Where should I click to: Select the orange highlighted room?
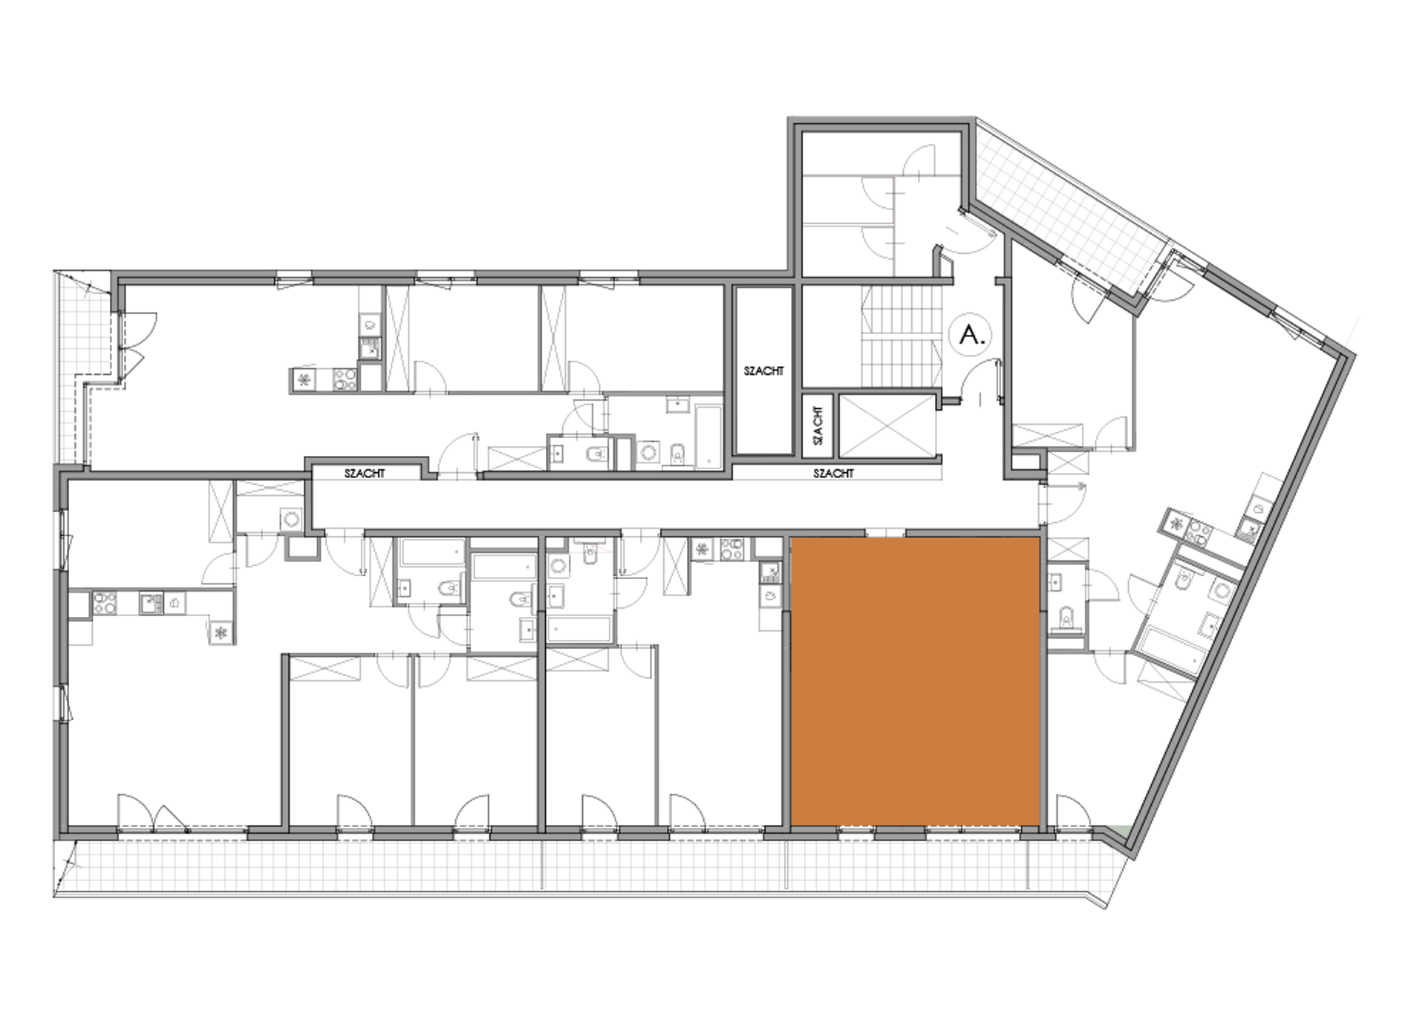click(x=915, y=681)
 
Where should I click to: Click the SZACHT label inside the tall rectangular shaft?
click(x=763, y=370)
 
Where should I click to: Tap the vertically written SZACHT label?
click(x=818, y=425)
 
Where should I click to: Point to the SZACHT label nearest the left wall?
click(x=365, y=473)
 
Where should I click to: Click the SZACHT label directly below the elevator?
click(x=833, y=473)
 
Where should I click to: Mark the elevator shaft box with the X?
click(x=887, y=425)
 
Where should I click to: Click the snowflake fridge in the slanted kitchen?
click(x=1176, y=523)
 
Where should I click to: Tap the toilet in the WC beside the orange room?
click(x=1066, y=618)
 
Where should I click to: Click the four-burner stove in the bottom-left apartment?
click(x=104, y=603)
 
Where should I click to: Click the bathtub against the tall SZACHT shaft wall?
click(x=708, y=436)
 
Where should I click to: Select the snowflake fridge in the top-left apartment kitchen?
click(x=304, y=381)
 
